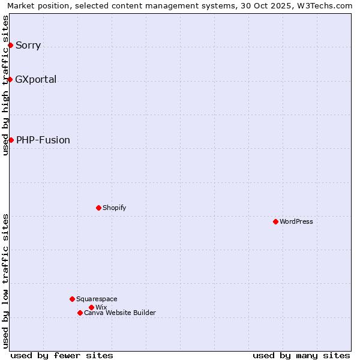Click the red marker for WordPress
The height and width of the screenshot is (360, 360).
[275, 221]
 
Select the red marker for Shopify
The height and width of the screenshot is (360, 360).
[98, 208]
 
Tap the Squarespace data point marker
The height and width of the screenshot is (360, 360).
[72, 299]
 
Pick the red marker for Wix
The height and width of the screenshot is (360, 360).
[91, 307]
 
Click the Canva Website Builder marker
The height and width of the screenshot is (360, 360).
[80, 313]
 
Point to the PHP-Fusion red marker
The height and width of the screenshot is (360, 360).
[11, 140]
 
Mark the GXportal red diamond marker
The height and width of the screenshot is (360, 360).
[10, 79]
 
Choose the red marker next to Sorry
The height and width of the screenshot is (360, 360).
[10, 45]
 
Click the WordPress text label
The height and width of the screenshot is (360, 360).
[296, 221]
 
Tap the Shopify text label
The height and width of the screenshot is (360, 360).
[114, 208]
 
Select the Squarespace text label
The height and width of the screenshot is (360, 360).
[97, 299]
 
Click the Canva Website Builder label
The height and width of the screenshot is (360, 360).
[120, 313]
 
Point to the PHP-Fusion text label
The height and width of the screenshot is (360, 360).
[43, 140]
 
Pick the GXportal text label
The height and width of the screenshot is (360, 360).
[36, 79]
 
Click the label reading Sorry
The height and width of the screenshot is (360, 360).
[28, 45]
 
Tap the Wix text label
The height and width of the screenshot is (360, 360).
[101, 307]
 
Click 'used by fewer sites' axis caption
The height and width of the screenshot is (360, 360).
[62, 355]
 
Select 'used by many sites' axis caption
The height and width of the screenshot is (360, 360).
[301, 355]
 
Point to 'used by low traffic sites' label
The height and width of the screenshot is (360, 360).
[6, 280]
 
